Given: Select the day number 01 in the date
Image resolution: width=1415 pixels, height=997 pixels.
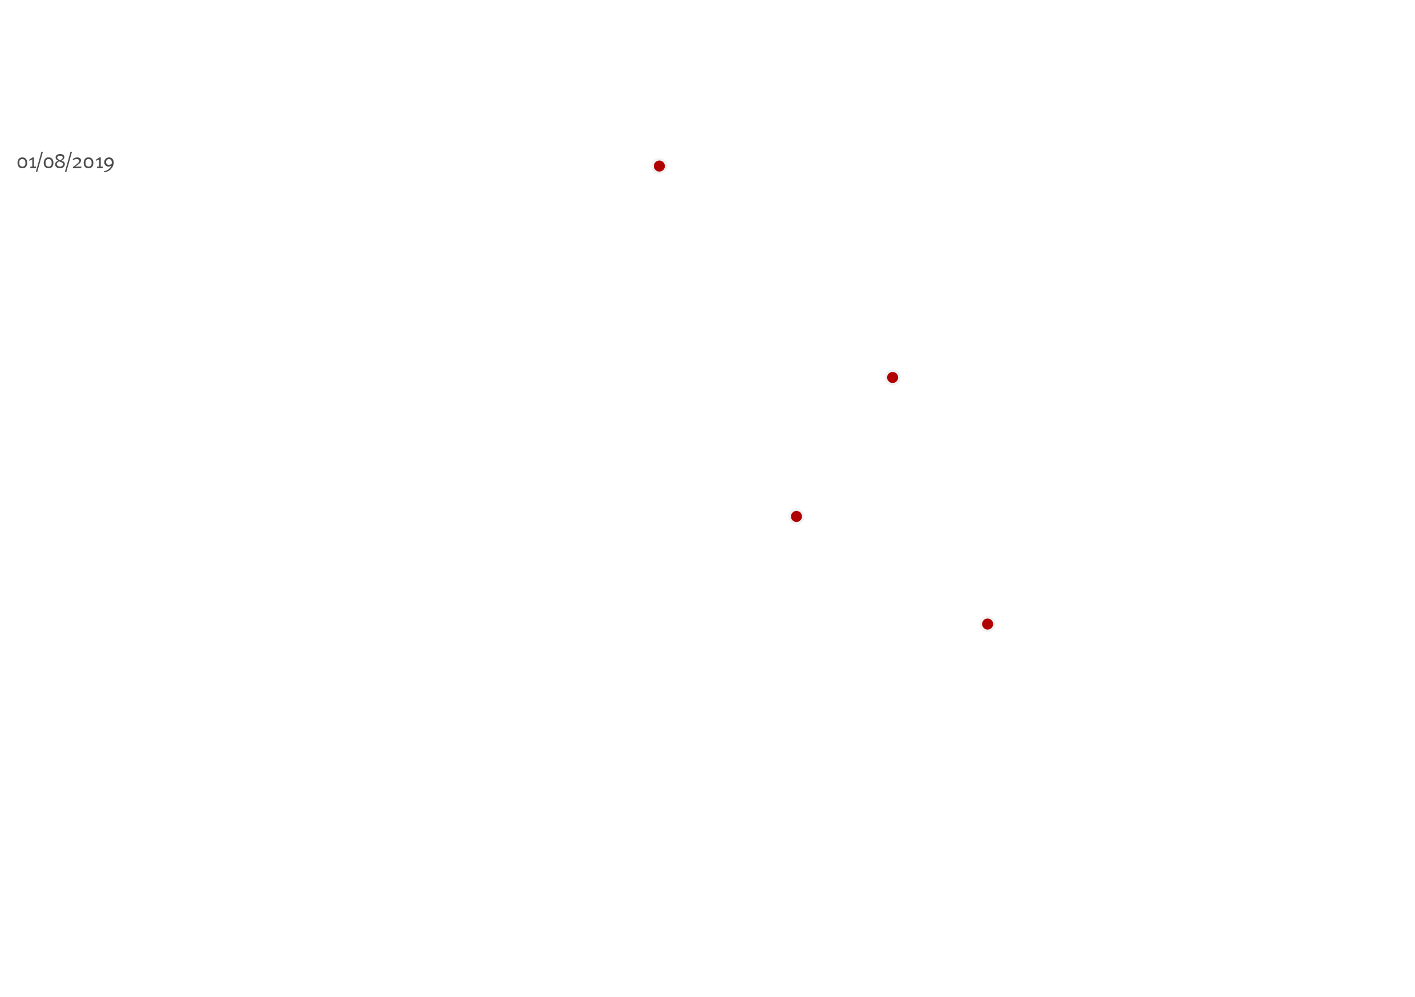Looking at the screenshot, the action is pyautogui.click(x=26, y=163).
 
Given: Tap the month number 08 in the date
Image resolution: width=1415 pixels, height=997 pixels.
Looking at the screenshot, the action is pyautogui.click(x=54, y=162).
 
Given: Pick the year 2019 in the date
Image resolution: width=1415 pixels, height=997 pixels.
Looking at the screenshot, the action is pyautogui.click(x=93, y=163).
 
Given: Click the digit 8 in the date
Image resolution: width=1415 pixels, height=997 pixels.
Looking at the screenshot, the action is pyautogui.click(x=60, y=161).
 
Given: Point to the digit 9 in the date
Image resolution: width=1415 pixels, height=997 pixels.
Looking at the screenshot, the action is pyautogui.click(x=109, y=164).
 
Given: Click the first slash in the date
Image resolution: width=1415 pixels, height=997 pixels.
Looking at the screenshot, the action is pyautogui.click(x=39, y=162).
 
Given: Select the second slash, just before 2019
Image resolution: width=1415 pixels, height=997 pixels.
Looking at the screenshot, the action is pyautogui.click(x=68, y=162).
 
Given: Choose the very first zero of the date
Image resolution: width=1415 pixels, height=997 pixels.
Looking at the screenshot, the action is pyautogui.click(x=22, y=163).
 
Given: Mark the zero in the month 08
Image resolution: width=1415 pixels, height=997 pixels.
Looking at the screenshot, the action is pyautogui.click(x=48, y=163).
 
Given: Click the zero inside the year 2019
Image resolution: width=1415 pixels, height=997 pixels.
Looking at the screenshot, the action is pyautogui.click(x=90, y=163).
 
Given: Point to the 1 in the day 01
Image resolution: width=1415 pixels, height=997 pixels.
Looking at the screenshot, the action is pyautogui.click(x=33, y=163).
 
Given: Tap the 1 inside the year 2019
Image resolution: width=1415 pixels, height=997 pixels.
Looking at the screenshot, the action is pyautogui.click(x=99, y=163).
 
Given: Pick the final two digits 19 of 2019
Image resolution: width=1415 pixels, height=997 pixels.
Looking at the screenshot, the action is pyautogui.click(x=106, y=164).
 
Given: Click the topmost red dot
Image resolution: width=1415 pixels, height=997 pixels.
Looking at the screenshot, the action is pyautogui.click(x=659, y=166).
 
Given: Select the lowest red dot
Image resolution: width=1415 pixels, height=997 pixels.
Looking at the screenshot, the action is pyautogui.click(x=987, y=624).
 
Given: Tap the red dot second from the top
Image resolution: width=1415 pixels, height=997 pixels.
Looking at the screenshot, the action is pyautogui.click(x=892, y=377).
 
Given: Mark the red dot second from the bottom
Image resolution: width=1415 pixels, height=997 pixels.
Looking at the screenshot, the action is pyautogui.click(x=797, y=516).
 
